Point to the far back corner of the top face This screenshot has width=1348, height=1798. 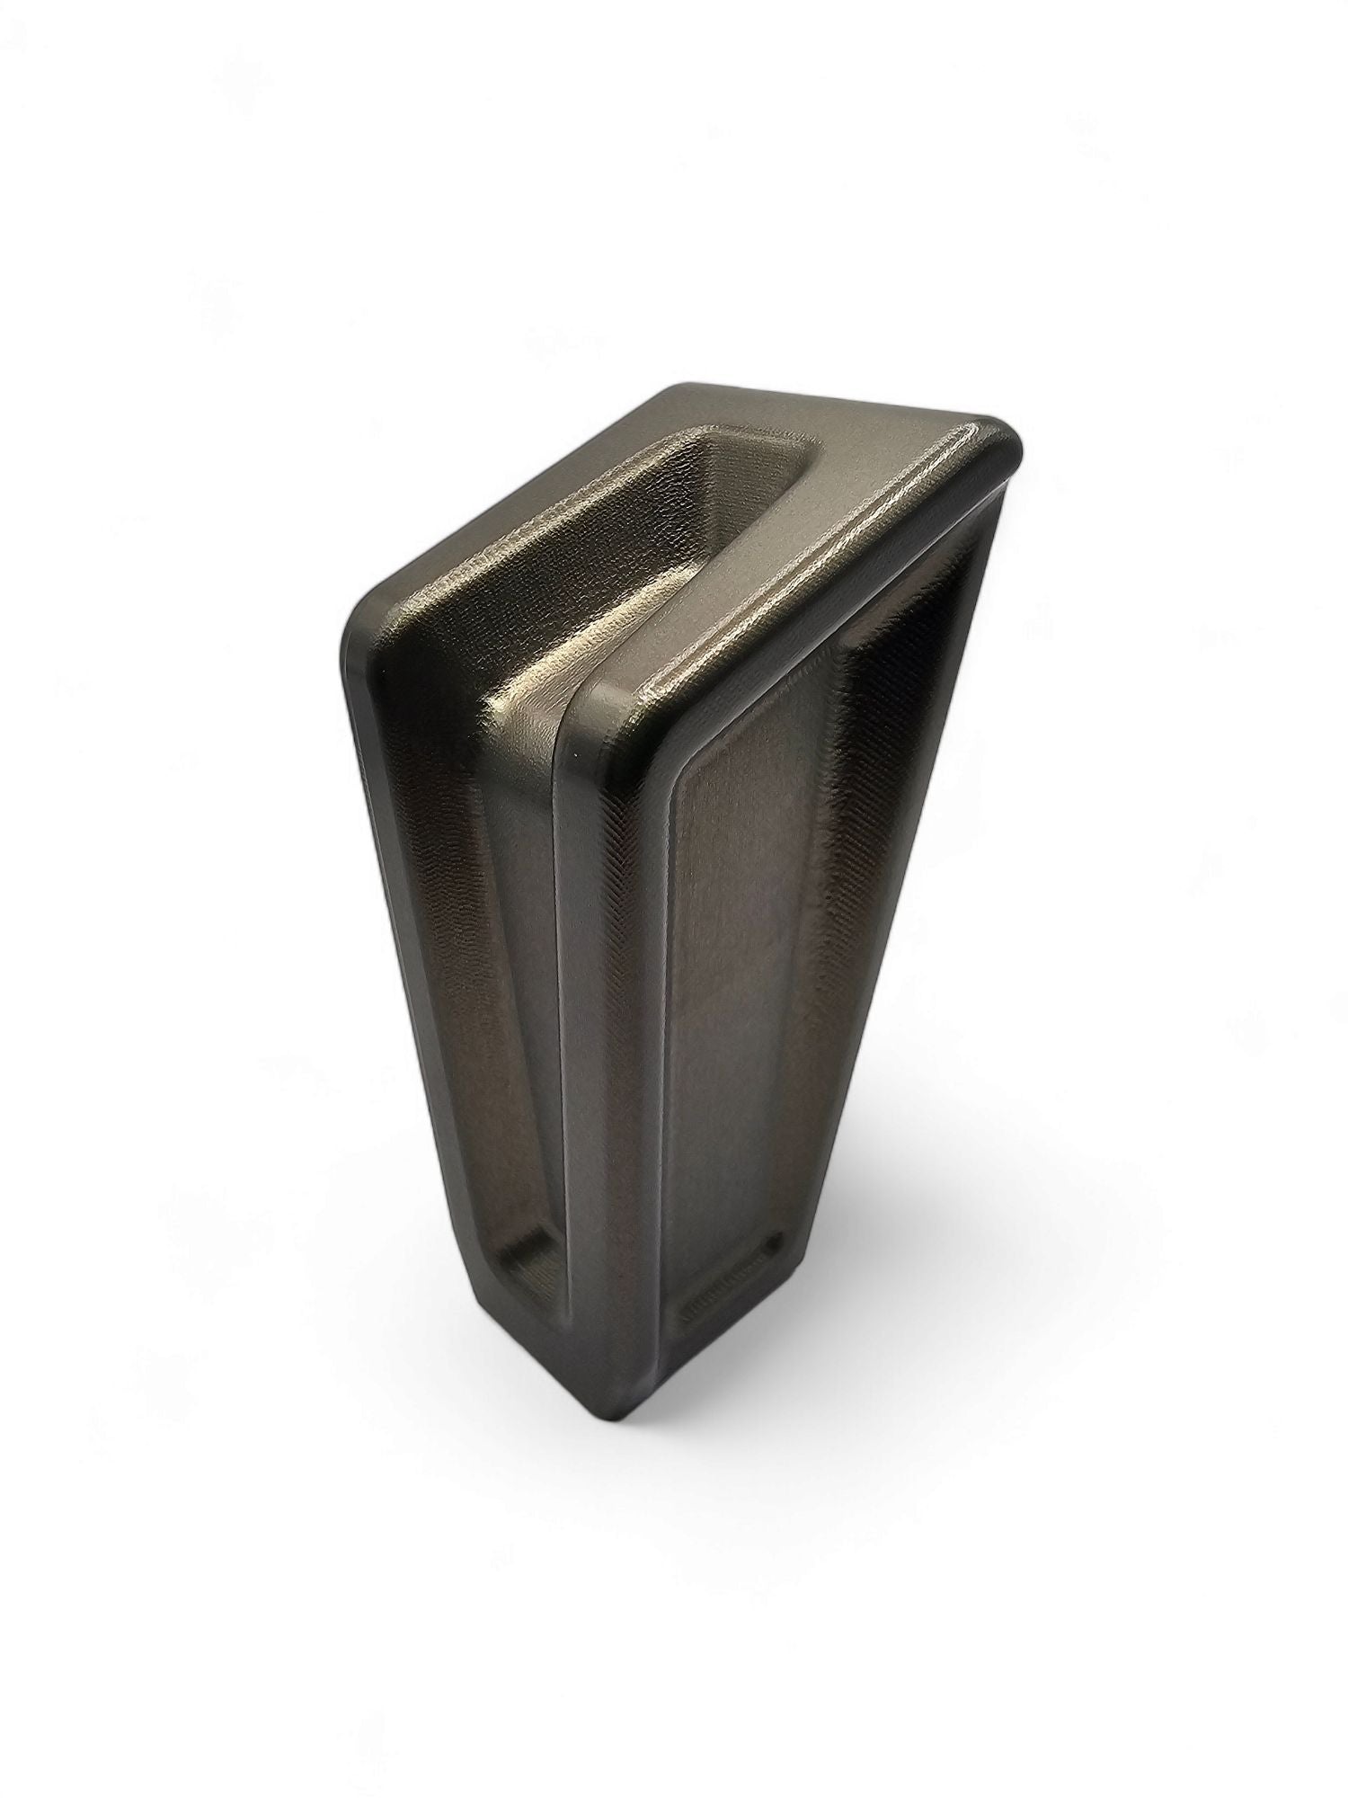pos(676,394)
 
